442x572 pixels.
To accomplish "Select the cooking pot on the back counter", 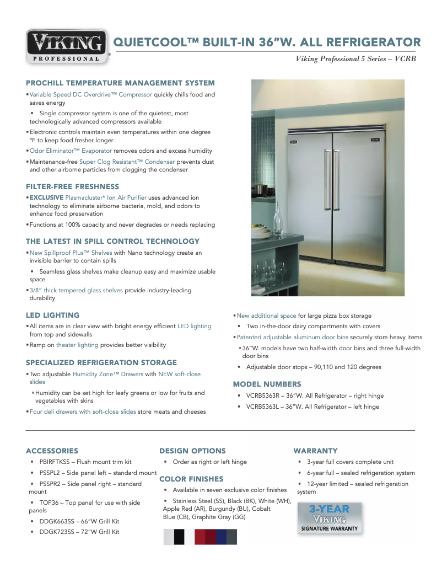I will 261,189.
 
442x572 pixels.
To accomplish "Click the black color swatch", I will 179,537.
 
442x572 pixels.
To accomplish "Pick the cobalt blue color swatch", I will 221,537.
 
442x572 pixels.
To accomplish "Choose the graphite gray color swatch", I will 231,537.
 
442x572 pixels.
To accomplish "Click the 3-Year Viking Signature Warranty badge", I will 329,518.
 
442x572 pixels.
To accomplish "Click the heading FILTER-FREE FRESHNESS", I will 72,186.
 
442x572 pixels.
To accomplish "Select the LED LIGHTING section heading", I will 52,316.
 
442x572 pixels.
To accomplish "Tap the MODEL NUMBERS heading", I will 267,384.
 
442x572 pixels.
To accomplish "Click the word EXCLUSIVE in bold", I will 46,197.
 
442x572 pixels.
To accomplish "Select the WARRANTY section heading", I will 315,451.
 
